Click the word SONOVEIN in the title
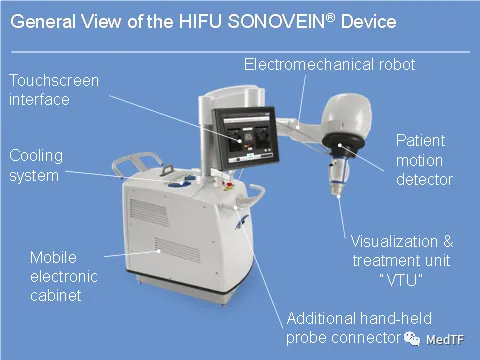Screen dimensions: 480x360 click(x=276, y=22)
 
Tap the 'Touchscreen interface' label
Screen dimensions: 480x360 click(x=54, y=90)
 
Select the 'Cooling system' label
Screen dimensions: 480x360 click(x=36, y=166)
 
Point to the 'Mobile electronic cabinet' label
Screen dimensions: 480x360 click(x=64, y=277)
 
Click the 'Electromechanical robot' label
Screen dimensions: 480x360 click(x=329, y=64)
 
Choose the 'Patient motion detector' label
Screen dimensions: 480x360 click(x=424, y=160)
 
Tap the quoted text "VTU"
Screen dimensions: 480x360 click(x=401, y=280)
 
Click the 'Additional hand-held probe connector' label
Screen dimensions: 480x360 click(x=359, y=328)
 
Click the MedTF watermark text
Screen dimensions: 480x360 click(x=445, y=340)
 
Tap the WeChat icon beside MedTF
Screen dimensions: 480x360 click(x=412, y=339)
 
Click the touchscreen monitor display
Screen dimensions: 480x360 click(x=247, y=138)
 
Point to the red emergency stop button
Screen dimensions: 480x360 click(x=229, y=184)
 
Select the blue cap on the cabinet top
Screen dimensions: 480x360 click(x=179, y=183)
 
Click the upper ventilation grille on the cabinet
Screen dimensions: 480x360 click(x=149, y=212)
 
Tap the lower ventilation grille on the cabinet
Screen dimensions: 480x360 click(x=177, y=250)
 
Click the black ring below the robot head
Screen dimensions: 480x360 click(x=344, y=143)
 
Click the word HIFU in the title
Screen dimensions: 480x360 click(x=200, y=22)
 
